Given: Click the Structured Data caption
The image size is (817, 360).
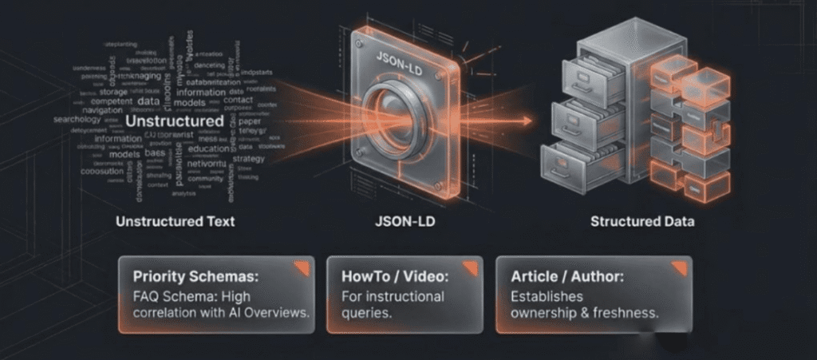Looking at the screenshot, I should coord(642,221).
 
